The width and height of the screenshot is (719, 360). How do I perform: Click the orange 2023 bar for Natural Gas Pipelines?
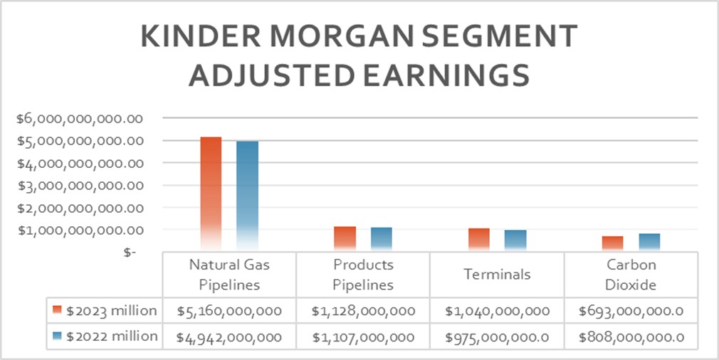(x=211, y=192)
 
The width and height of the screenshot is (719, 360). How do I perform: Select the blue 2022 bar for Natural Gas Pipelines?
(x=247, y=195)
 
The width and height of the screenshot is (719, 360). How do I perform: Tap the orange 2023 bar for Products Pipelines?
(x=345, y=238)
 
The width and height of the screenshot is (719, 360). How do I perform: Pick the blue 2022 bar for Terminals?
(x=515, y=240)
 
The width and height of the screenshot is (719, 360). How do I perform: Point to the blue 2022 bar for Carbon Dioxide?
(x=649, y=242)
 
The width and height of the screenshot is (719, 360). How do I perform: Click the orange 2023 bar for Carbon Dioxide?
(x=612, y=243)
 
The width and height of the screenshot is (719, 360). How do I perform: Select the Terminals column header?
(x=497, y=275)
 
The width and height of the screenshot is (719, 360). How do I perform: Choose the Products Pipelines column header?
(x=363, y=275)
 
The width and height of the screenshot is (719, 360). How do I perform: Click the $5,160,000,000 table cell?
(x=229, y=311)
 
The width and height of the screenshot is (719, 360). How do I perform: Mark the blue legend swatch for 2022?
(x=58, y=336)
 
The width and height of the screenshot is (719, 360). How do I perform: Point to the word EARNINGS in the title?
(x=437, y=75)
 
